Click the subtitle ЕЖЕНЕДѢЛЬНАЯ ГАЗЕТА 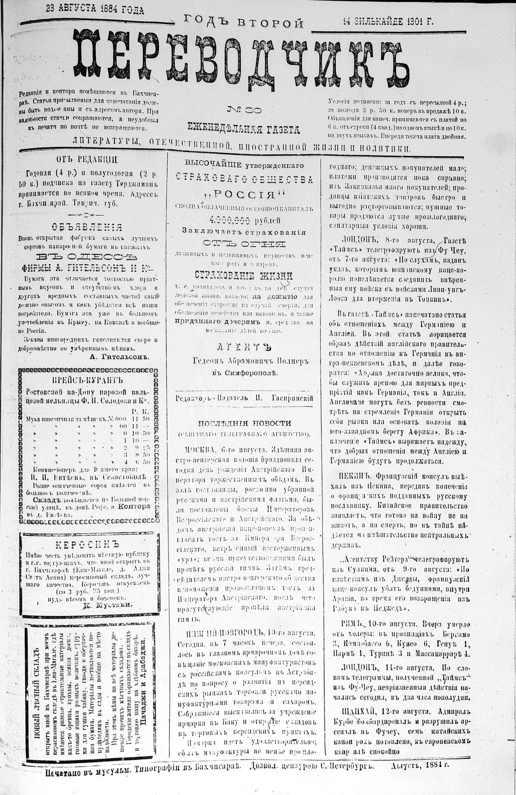point(244,129)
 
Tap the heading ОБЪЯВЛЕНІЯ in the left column point(87,227)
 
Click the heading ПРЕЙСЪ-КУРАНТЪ point(87,381)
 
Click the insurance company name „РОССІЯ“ point(244,195)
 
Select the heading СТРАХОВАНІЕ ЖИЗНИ point(244,275)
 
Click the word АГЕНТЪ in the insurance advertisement point(244,347)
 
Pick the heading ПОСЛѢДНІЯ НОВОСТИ point(244,423)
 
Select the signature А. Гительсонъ point(119,357)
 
